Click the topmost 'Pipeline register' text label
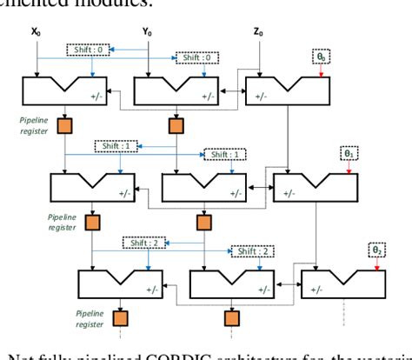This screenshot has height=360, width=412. pyautogui.click(x=35, y=127)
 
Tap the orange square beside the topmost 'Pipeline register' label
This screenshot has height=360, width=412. pyautogui.click(x=63, y=127)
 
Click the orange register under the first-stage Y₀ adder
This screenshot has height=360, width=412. pyautogui.click(x=175, y=127)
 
